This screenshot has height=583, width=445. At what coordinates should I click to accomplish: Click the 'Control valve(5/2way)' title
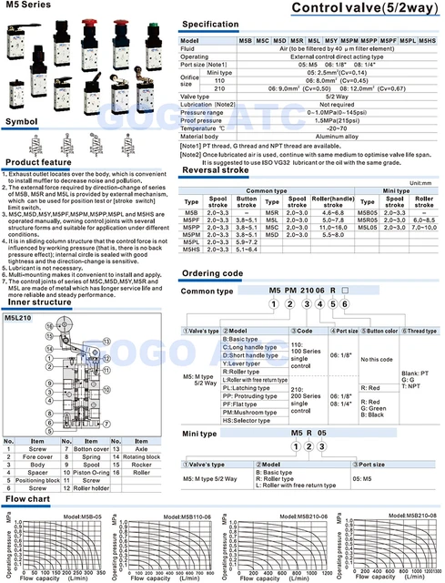361,8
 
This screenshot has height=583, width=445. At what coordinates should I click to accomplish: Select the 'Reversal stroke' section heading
216,169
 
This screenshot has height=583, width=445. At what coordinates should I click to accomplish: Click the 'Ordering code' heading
212,274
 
